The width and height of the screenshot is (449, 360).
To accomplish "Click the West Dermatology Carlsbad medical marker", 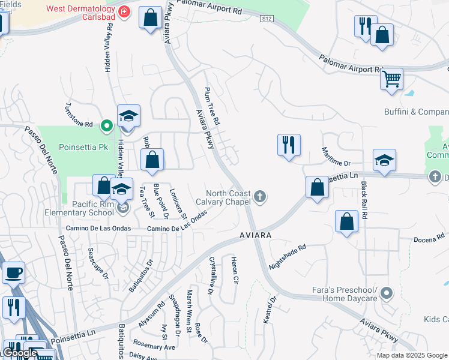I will point(124,12).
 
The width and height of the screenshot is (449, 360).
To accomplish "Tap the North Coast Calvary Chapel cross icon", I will point(260,196).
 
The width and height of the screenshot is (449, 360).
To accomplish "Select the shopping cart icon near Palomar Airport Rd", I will point(391,79).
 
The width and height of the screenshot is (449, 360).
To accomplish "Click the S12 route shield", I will point(267,19).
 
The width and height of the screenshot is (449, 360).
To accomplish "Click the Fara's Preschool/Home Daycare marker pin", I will point(387,293).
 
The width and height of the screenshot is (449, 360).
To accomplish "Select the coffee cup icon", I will point(13,273).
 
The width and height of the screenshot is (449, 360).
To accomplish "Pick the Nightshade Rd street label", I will point(288,256).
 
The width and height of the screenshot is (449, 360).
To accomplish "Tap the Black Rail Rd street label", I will point(364,205).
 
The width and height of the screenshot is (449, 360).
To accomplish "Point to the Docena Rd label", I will point(429,239).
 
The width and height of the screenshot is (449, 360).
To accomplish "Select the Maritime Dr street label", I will point(336,157).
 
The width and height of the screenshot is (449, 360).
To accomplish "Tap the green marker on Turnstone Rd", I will point(106,125).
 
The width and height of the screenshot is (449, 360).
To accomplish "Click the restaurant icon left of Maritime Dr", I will point(289,145).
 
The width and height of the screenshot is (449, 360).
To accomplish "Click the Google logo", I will point(19,353).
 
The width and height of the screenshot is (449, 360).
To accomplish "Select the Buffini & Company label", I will point(416,112).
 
